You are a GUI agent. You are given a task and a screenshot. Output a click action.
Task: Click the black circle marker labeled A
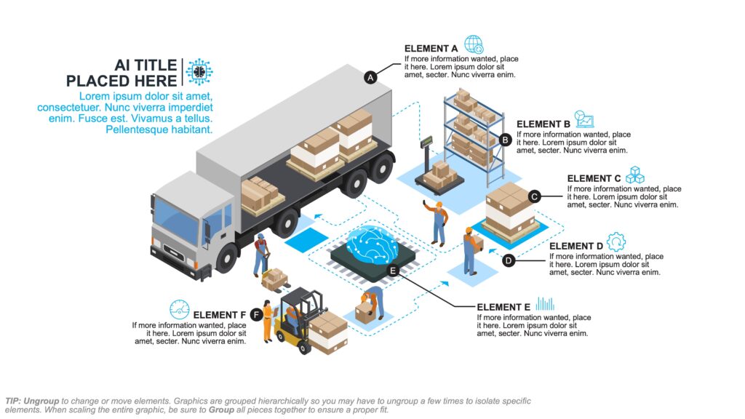point(370,76)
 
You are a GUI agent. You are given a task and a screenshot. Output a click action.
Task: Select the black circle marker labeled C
point(534,196)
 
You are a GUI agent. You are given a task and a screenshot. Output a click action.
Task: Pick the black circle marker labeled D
point(509,259)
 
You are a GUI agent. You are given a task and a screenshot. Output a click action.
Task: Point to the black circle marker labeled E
point(393,271)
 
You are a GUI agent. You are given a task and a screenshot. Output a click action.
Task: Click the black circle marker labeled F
point(256,314)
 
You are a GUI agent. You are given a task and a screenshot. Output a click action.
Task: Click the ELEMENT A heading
point(426,49)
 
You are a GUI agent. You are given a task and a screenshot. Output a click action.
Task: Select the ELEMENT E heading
point(503,307)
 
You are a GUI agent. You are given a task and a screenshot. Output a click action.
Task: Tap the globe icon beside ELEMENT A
point(474,44)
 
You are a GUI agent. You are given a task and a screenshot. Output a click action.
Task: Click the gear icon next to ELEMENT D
point(616,242)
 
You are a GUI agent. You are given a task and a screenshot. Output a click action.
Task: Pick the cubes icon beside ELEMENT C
point(636,175)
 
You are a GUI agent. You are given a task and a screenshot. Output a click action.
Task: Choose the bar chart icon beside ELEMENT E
point(545,303)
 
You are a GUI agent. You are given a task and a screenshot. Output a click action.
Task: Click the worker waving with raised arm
point(437,222)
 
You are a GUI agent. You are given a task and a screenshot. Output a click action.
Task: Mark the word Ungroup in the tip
point(41,401)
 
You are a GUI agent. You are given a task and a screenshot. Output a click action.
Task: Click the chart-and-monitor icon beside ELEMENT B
point(584,120)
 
